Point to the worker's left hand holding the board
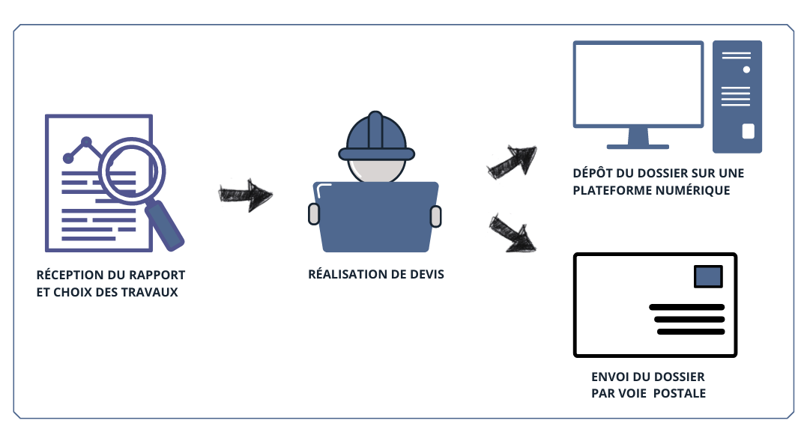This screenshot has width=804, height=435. (x=315, y=214)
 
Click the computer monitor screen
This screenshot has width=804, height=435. (x=638, y=83)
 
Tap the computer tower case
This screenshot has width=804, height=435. (x=737, y=97)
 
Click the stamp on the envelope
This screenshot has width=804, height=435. (x=708, y=276)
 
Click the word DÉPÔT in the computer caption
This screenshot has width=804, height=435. (x=591, y=173)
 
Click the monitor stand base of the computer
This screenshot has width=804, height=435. (x=638, y=144)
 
